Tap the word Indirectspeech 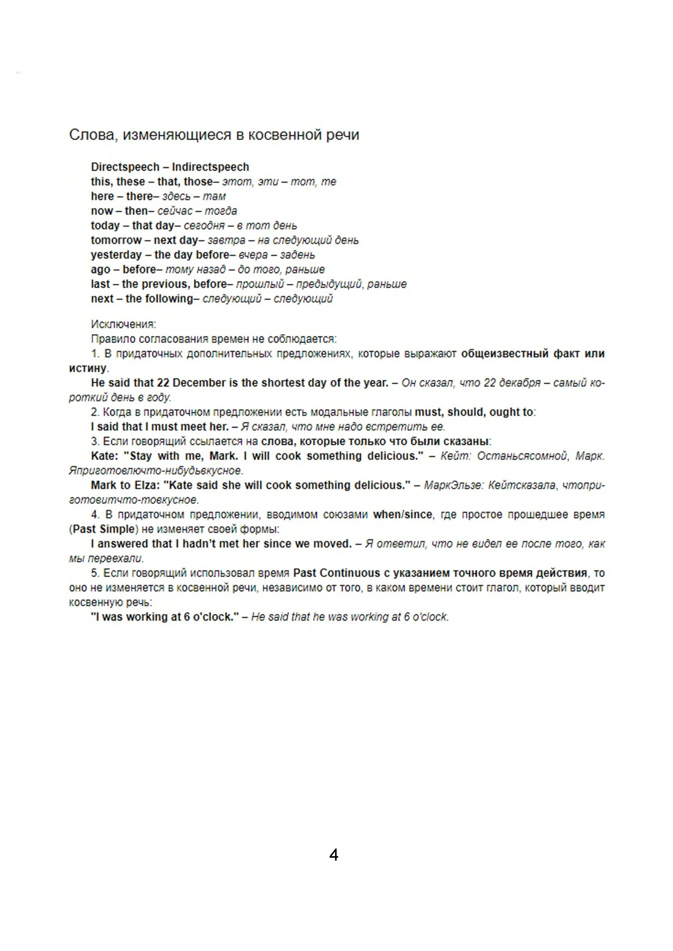coord(211,167)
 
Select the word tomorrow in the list coord(116,240)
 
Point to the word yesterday coord(116,255)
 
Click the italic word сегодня coord(204,226)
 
